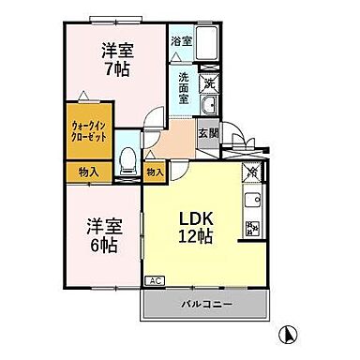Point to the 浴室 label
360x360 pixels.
(181, 40)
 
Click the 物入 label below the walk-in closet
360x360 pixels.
(89, 172)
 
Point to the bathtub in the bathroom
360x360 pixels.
(207, 46)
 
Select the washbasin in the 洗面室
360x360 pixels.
(210, 106)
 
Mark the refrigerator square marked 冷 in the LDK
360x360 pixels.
(251, 172)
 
